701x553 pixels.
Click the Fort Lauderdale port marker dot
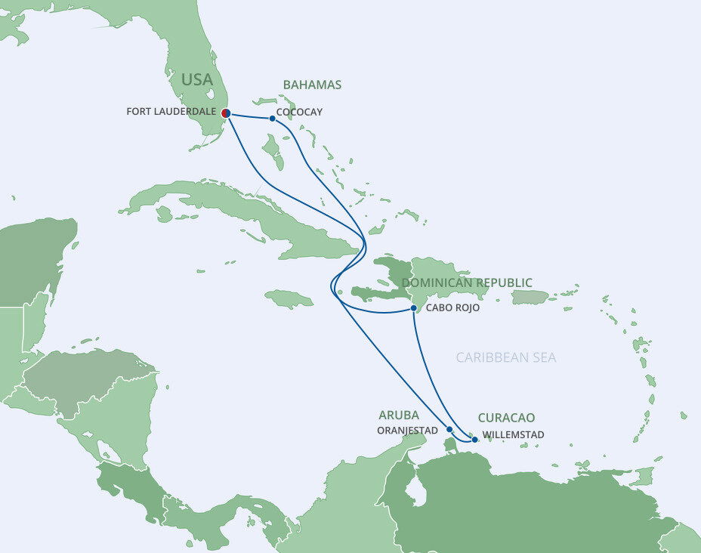click(x=226, y=113)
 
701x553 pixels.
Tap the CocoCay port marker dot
click(x=272, y=119)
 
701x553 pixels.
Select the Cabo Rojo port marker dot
click(x=414, y=308)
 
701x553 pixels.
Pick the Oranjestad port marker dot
click(x=449, y=429)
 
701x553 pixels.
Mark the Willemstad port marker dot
click(x=474, y=439)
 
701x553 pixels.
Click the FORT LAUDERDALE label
click(x=171, y=112)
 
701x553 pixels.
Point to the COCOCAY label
click(x=300, y=112)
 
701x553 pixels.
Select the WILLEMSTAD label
click(x=513, y=435)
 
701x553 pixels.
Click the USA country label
click(x=196, y=79)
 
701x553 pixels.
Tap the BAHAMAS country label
click(x=312, y=85)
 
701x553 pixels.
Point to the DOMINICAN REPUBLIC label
click(x=467, y=283)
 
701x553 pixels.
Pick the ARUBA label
click(x=399, y=415)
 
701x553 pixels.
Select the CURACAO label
click(x=506, y=418)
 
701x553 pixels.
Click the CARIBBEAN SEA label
click(x=506, y=357)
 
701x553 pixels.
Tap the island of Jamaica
click(x=289, y=299)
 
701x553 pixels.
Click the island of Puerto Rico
click(x=530, y=298)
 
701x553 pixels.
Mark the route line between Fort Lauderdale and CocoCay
click(x=249, y=116)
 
